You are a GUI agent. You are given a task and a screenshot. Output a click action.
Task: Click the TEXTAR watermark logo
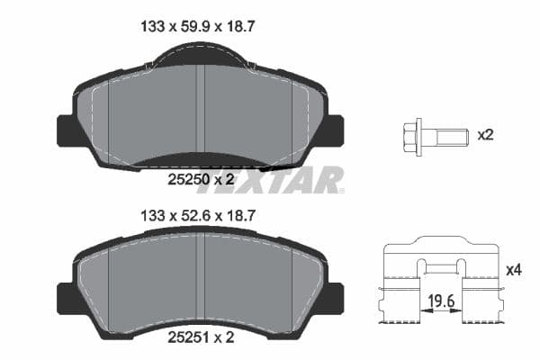tap(270, 179)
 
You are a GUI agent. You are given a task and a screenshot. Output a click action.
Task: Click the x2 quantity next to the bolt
tap(485, 135)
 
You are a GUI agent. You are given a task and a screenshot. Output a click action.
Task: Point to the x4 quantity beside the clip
tap(514, 269)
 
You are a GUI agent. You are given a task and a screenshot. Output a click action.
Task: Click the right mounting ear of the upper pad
tap(333, 131)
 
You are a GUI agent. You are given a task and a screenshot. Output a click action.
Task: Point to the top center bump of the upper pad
tap(201, 56)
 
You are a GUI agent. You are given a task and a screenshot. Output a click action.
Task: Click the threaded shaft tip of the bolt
tap(462, 137)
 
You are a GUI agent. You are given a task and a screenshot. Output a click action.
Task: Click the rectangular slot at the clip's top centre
tap(441, 265)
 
